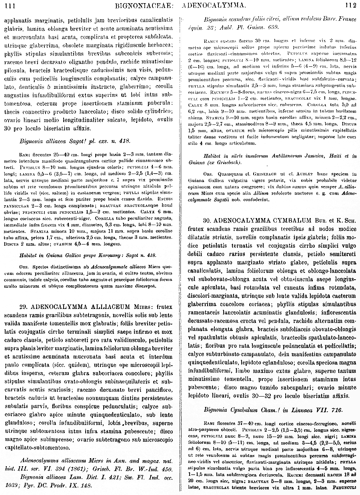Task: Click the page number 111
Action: [x=10, y=6]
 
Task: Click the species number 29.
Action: [x=23, y=307]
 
